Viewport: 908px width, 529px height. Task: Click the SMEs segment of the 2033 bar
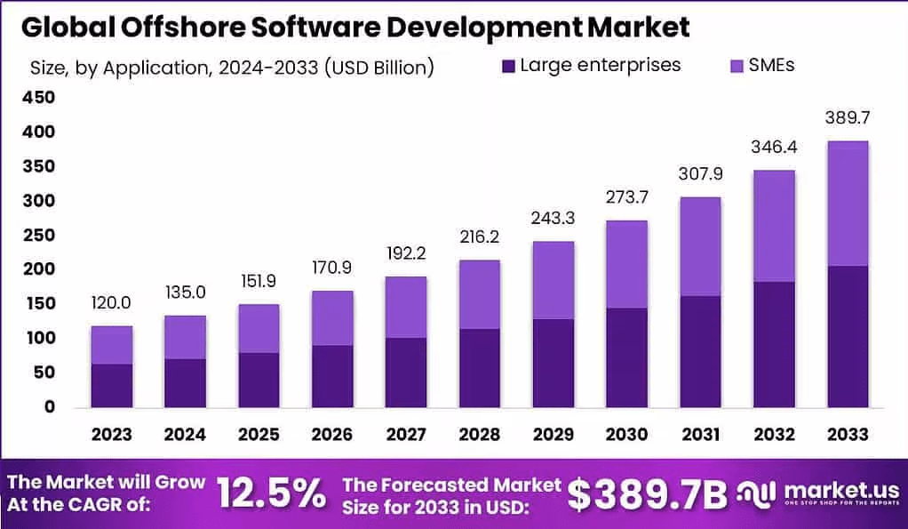coord(848,203)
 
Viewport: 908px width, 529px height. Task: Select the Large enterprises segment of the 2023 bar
coord(112,385)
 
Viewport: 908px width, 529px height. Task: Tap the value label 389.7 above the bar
coord(848,118)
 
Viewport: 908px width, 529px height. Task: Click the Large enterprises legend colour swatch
coord(508,66)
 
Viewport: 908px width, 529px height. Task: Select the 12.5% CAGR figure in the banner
coord(271,493)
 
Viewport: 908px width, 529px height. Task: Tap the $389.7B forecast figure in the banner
coord(647,494)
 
